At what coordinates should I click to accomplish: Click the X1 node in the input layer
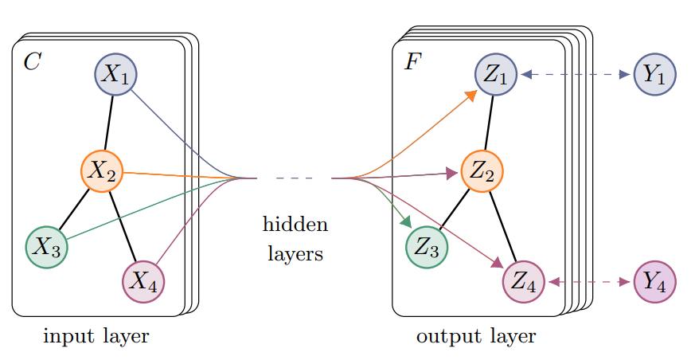coord(116,74)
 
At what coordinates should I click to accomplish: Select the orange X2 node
coord(102,170)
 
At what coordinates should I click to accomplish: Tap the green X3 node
coord(46,247)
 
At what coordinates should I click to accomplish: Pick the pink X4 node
coord(143,281)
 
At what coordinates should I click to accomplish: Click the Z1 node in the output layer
coord(497,75)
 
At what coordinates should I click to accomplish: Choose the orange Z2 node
coord(482,170)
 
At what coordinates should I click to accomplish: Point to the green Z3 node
coord(427,247)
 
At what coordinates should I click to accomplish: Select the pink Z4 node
coord(524,282)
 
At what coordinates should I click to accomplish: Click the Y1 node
coord(654,75)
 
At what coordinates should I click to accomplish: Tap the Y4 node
coord(654,282)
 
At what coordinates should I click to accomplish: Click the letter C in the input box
coord(31,62)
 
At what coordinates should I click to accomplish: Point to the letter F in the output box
coord(412,62)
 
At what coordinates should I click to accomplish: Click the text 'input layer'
coord(96,337)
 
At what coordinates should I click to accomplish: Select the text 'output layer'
coord(476,337)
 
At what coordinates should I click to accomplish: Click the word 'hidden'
coord(295,225)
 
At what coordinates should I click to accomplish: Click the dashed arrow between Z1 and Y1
coord(575,75)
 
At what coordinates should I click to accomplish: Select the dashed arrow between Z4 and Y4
coord(589,282)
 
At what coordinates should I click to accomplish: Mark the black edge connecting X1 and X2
coord(109,122)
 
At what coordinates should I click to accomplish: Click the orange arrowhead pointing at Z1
coord(470,95)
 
